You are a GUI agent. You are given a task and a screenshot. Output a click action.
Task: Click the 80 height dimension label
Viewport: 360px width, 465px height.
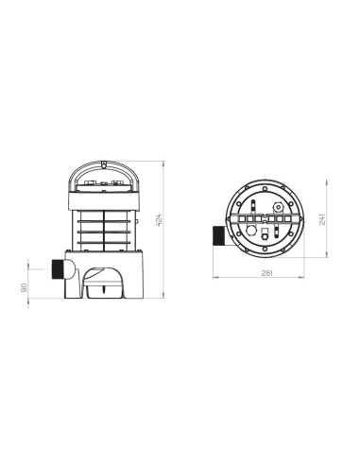pyautogui.click(x=24, y=287)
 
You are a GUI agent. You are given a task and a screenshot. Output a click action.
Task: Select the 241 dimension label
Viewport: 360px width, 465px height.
pyautogui.click(x=322, y=218)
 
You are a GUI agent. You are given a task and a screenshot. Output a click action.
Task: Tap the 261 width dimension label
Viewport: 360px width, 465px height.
pyautogui.click(x=266, y=273)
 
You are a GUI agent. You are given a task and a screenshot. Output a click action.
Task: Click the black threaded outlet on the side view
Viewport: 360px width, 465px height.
pyautogui.click(x=58, y=269)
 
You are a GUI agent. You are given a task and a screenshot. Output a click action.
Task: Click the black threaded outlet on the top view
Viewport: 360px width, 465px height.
pyautogui.click(x=218, y=235)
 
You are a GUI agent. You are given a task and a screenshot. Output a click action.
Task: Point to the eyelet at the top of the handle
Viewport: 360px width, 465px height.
pyautogui.click(x=103, y=164)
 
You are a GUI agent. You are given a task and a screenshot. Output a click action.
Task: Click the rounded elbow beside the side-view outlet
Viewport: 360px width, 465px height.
pyautogui.click(x=69, y=269)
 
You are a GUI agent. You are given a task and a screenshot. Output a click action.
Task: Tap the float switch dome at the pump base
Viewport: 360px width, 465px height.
pyautogui.click(x=103, y=283)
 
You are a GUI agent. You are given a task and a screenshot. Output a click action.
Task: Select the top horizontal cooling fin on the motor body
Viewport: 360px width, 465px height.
pyautogui.click(x=104, y=221)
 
